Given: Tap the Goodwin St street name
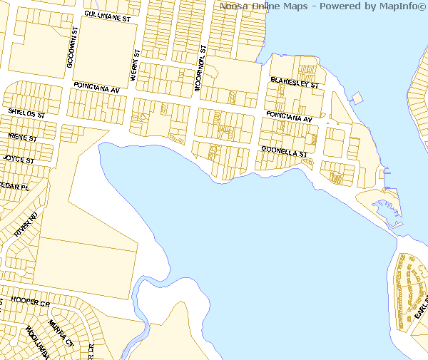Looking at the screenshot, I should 71,48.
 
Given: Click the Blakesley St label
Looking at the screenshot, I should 294,83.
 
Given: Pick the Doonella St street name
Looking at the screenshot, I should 284,152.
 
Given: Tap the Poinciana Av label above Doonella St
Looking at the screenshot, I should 290,117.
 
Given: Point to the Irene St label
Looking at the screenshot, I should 21,136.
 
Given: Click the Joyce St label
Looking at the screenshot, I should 19,159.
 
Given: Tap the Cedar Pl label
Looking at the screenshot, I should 14,186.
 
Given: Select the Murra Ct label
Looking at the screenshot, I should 61,332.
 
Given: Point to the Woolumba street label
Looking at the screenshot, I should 36,341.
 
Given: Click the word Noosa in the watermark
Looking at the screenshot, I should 233,6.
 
